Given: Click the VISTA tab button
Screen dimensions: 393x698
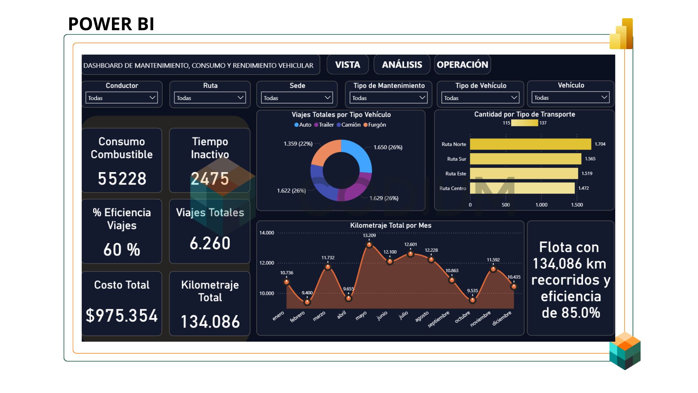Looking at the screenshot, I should coord(348,65).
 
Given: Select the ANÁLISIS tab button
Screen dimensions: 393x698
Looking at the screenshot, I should coord(402,65).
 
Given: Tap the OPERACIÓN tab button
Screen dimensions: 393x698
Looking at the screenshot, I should coord(462,65).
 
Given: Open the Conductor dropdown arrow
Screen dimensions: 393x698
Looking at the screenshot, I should coord(152,98).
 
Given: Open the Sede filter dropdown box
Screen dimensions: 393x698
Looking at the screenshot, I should coord(297,98).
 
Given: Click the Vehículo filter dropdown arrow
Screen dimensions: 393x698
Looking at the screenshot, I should coord(604,97).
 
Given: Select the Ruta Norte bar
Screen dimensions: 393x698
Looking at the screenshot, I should coord(530,144).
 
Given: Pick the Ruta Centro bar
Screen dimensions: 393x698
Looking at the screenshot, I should coord(522,188).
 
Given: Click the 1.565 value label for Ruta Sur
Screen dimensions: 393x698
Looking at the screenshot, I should coord(590,159).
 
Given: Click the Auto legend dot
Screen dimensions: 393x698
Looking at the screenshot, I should coord(296,125).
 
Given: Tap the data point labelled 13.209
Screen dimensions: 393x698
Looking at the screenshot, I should coord(369,245).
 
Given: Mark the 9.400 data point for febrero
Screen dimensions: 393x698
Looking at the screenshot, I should coord(307,302).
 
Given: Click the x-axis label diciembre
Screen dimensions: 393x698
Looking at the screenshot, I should coord(502,318).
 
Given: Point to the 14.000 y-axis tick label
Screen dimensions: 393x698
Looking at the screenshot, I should coord(266,233).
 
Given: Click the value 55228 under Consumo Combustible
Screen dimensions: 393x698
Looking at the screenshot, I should coord(122,179).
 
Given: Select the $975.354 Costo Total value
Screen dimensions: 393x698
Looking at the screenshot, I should coord(122,315).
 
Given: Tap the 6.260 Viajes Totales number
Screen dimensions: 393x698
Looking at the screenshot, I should coord(210,243).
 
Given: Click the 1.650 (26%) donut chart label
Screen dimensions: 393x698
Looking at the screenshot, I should coord(388,147).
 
